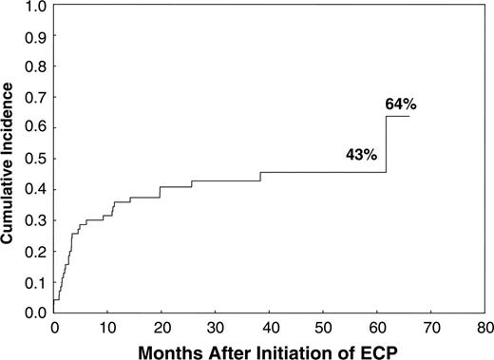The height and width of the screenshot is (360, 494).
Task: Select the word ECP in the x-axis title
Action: pos(377,349)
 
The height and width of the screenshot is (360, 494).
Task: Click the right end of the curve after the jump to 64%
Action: pos(408,116)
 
